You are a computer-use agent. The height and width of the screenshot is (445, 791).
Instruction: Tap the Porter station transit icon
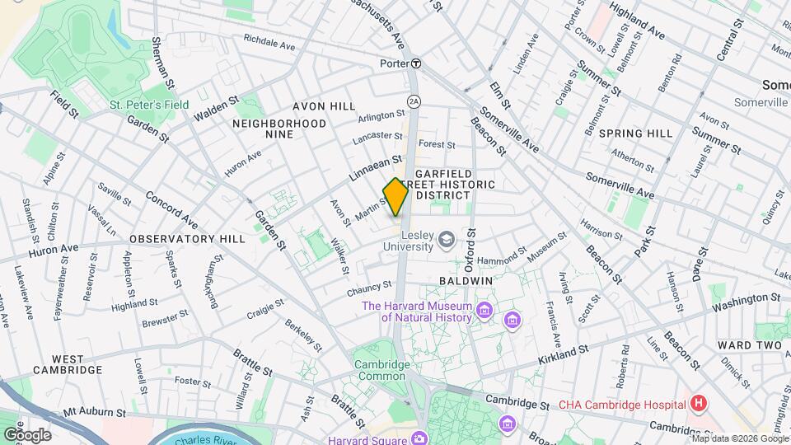point(417,63)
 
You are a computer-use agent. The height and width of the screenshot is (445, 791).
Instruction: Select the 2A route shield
point(414,101)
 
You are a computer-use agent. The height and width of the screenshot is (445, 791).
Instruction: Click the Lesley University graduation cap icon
point(447,240)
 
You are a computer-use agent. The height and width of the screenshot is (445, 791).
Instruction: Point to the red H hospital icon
point(699,404)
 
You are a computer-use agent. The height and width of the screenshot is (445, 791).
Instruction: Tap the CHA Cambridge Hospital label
point(622,405)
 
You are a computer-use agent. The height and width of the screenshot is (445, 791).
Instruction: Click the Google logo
point(27,434)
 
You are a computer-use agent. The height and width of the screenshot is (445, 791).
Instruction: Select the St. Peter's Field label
point(149,105)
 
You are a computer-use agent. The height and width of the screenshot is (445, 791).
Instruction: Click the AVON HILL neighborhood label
point(324,106)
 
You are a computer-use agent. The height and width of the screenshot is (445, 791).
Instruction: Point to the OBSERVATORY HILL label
point(187,239)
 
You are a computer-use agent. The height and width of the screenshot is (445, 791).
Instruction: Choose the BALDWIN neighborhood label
point(466,281)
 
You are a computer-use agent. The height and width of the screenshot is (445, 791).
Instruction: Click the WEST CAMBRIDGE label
point(68,365)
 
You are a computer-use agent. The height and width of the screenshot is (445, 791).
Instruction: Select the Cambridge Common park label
point(381,371)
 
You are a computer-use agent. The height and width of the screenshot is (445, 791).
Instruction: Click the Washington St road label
point(747,301)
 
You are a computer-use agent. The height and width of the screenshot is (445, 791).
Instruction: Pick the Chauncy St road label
point(369,287)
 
